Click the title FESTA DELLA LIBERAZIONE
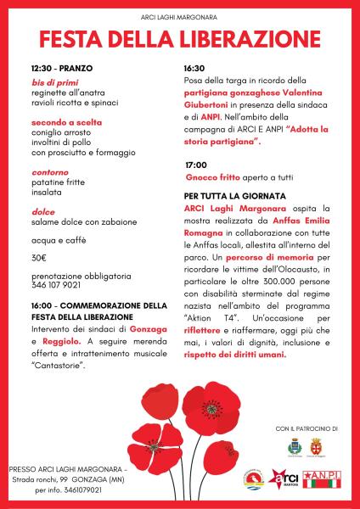[x=180, y=39]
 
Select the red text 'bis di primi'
[x=53, y=83]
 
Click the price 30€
[x=39, y=256]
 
